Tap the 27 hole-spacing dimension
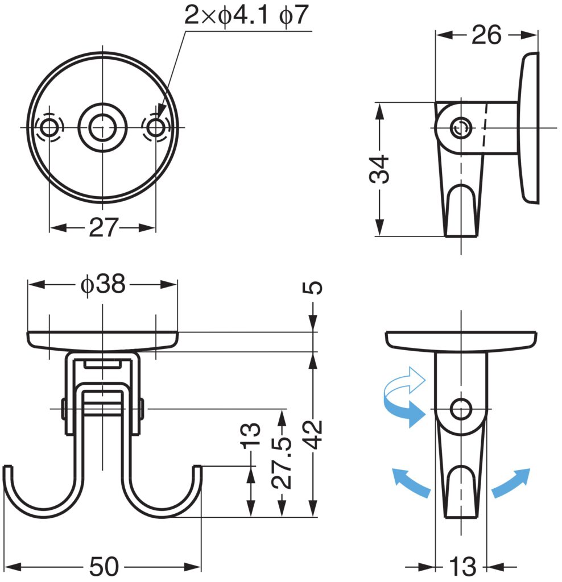[x=102, y=228]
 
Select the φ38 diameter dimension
[x=102, y=284]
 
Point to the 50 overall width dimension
[x=104, y=567]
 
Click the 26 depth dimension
[x=486, y=35]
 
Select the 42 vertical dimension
[x=315, y=435]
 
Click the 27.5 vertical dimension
[x=283, y=463]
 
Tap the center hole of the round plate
[x=102, y=127]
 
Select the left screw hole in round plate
[x=49, y=127]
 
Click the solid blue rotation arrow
[x=405, y=411]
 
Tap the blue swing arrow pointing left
[x=411, y=483]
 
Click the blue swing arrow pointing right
[x=511, y=483]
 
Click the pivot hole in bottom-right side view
[x=461, y=409]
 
